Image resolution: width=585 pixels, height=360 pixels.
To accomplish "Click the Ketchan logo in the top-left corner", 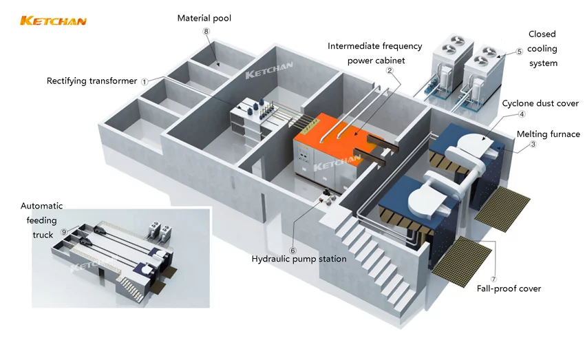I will (53, 21).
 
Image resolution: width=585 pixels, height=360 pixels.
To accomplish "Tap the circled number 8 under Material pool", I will (205, 32).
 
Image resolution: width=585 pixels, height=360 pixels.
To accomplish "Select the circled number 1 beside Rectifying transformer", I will (145, 81).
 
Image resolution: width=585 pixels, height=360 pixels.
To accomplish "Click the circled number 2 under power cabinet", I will (390, 71).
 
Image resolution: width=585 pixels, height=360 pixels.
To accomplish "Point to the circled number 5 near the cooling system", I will (520, 51).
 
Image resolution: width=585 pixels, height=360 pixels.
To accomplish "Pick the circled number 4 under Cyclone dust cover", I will (522, 114).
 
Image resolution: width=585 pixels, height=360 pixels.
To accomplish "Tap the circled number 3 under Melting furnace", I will (533, 145).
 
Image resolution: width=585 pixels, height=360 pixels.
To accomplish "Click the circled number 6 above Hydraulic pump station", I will (292, 250).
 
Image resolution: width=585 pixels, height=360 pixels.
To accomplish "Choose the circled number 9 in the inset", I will (64, 232).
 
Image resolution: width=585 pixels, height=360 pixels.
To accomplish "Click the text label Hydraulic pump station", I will (299, 260).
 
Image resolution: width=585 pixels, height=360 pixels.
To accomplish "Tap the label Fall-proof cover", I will (509, 288).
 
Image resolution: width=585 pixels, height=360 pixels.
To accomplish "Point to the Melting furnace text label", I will (548, 134).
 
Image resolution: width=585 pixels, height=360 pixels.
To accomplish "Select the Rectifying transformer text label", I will (92, 81).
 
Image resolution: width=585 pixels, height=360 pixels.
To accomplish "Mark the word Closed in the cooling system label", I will (542, 34).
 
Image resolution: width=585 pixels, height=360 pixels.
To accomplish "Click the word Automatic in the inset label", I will (42, 206).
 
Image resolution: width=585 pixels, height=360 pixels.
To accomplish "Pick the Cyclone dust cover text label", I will (540, 103).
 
